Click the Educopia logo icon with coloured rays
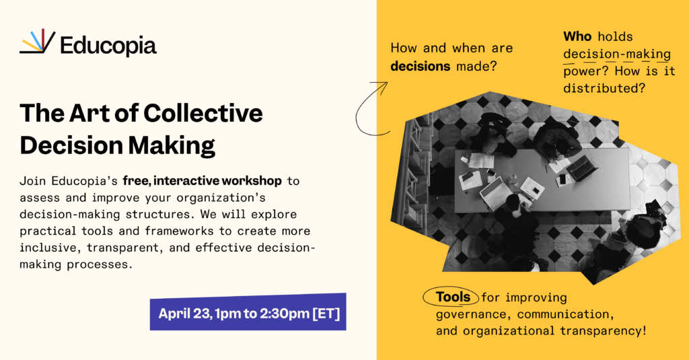point(38,41)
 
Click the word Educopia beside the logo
point(108,46)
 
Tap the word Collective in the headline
point(203,113)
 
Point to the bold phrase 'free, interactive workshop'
point(202,180)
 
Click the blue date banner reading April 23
point(248,312)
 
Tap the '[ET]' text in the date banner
point(326,314)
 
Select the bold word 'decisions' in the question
point(420,67)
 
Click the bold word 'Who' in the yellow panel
point(577,36)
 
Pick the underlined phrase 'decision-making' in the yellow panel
point(617,55)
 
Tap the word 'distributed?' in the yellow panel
point(604,88)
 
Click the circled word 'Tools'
point(453,297)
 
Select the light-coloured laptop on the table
point(495,193)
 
